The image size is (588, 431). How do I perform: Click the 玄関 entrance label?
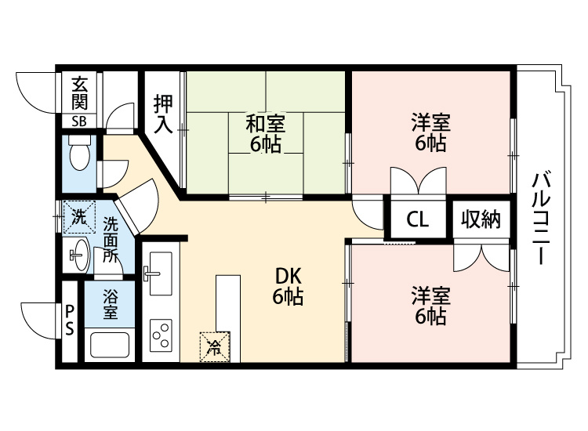click(x=80, y=92)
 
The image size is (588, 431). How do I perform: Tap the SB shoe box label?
click(x=80, y=121)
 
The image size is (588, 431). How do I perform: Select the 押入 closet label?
click(x=163, y=114)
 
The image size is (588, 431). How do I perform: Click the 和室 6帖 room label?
click(x=267, y=133)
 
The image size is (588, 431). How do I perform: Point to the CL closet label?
click(x=417, y=220)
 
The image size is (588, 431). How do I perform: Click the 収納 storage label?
click(x=480, y=220)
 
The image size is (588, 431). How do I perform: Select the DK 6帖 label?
click(x=288, y=286)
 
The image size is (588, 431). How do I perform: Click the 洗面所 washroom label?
click(x=111, y=239)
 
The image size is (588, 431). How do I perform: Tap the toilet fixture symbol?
click(x=78, y=156)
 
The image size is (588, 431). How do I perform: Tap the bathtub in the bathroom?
click(x=110, y=345)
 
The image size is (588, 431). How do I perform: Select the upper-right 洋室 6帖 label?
click(x=430, y=132)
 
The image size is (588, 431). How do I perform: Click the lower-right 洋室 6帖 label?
click(x=430, y=306)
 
